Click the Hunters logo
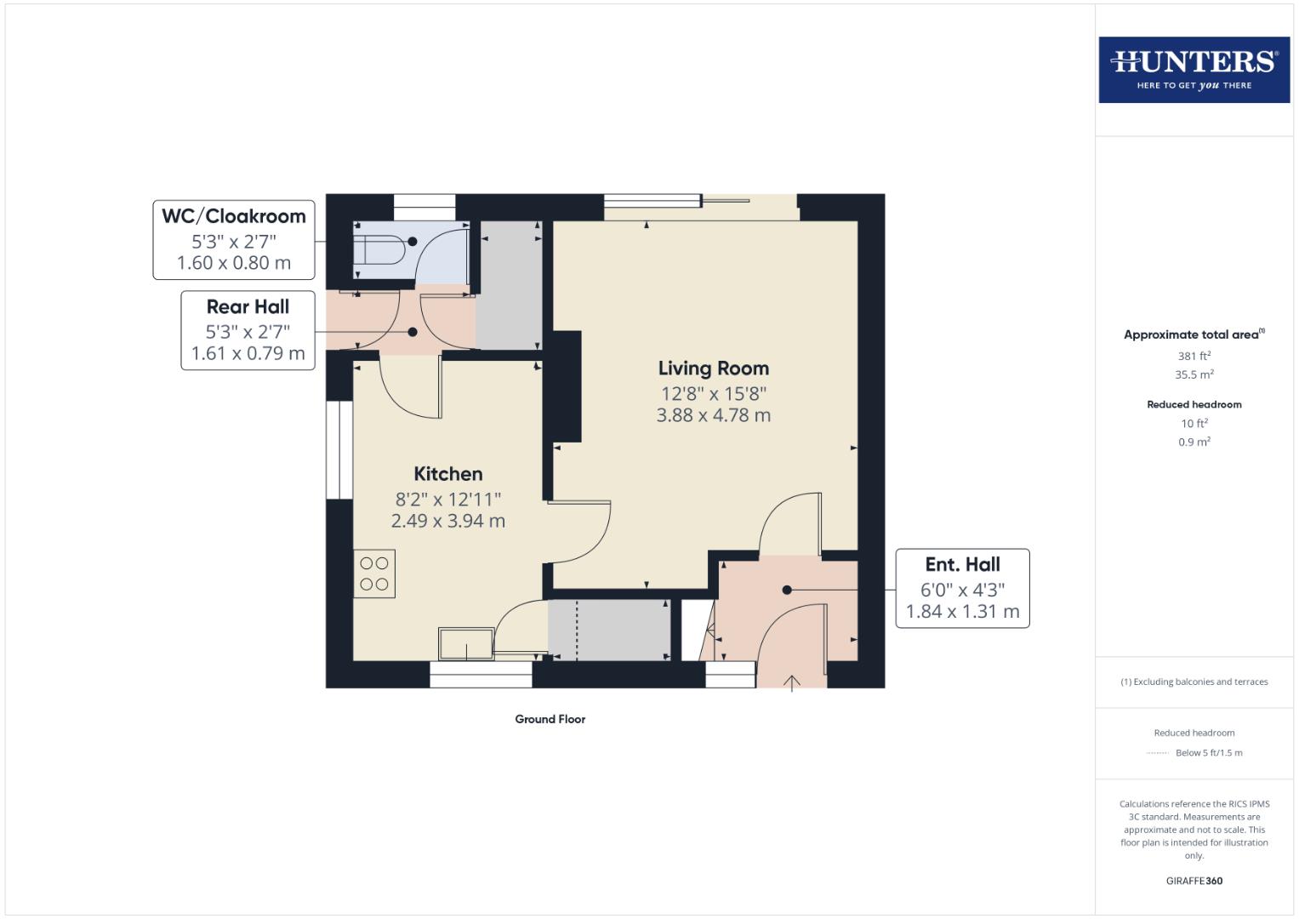click(x=1194, y=69)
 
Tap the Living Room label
click(x=713, y=368)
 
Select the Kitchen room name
click(x=447, y=474)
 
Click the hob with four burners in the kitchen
click(x=374, y=574)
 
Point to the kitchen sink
click(x=465, y=643)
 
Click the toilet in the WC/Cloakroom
click(x=379, y=250)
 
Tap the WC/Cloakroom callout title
click(x=233, y=216)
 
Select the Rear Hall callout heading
click(x=248, y=306)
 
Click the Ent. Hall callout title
click(x=962, y=564)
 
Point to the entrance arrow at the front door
click(x=792, y=682)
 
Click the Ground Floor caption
click(x=550, y=719)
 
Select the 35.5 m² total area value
click(x=1194, y=374)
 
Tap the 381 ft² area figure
click(x=1194, y=356)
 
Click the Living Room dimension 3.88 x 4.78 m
click(x=713, y=415)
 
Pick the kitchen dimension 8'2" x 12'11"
click(x=447, y=499)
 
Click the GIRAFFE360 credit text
click(x=1194, y=881)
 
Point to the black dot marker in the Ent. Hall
click(x=787, y=590)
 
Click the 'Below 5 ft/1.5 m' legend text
click(x=1208, y=752)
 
